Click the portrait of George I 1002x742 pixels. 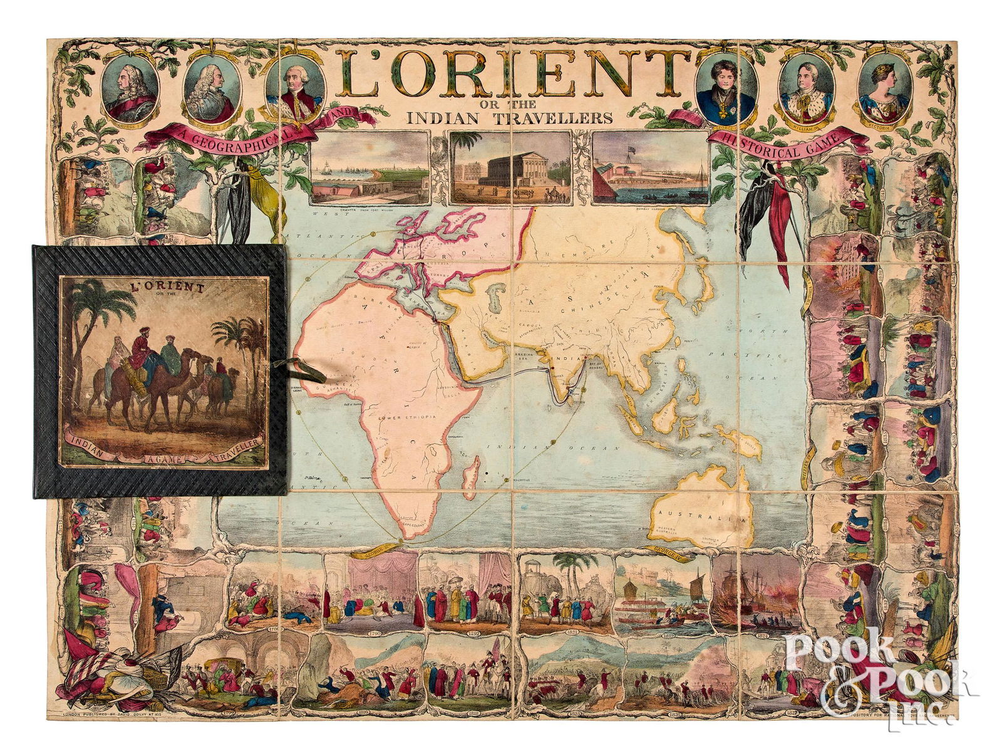(130, 90)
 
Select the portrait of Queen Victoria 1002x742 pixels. (883, 90)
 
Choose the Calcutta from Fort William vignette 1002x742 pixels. (369, 167)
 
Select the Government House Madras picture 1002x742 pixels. (510, 167)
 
